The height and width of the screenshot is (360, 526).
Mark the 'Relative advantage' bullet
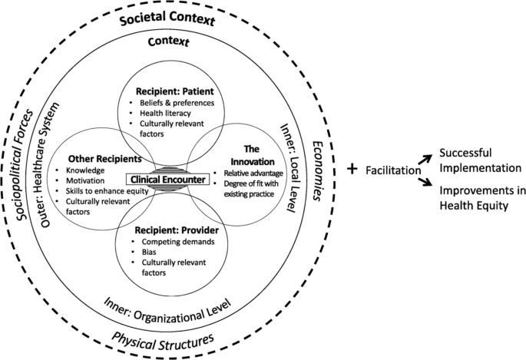[x=253, y=173]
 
